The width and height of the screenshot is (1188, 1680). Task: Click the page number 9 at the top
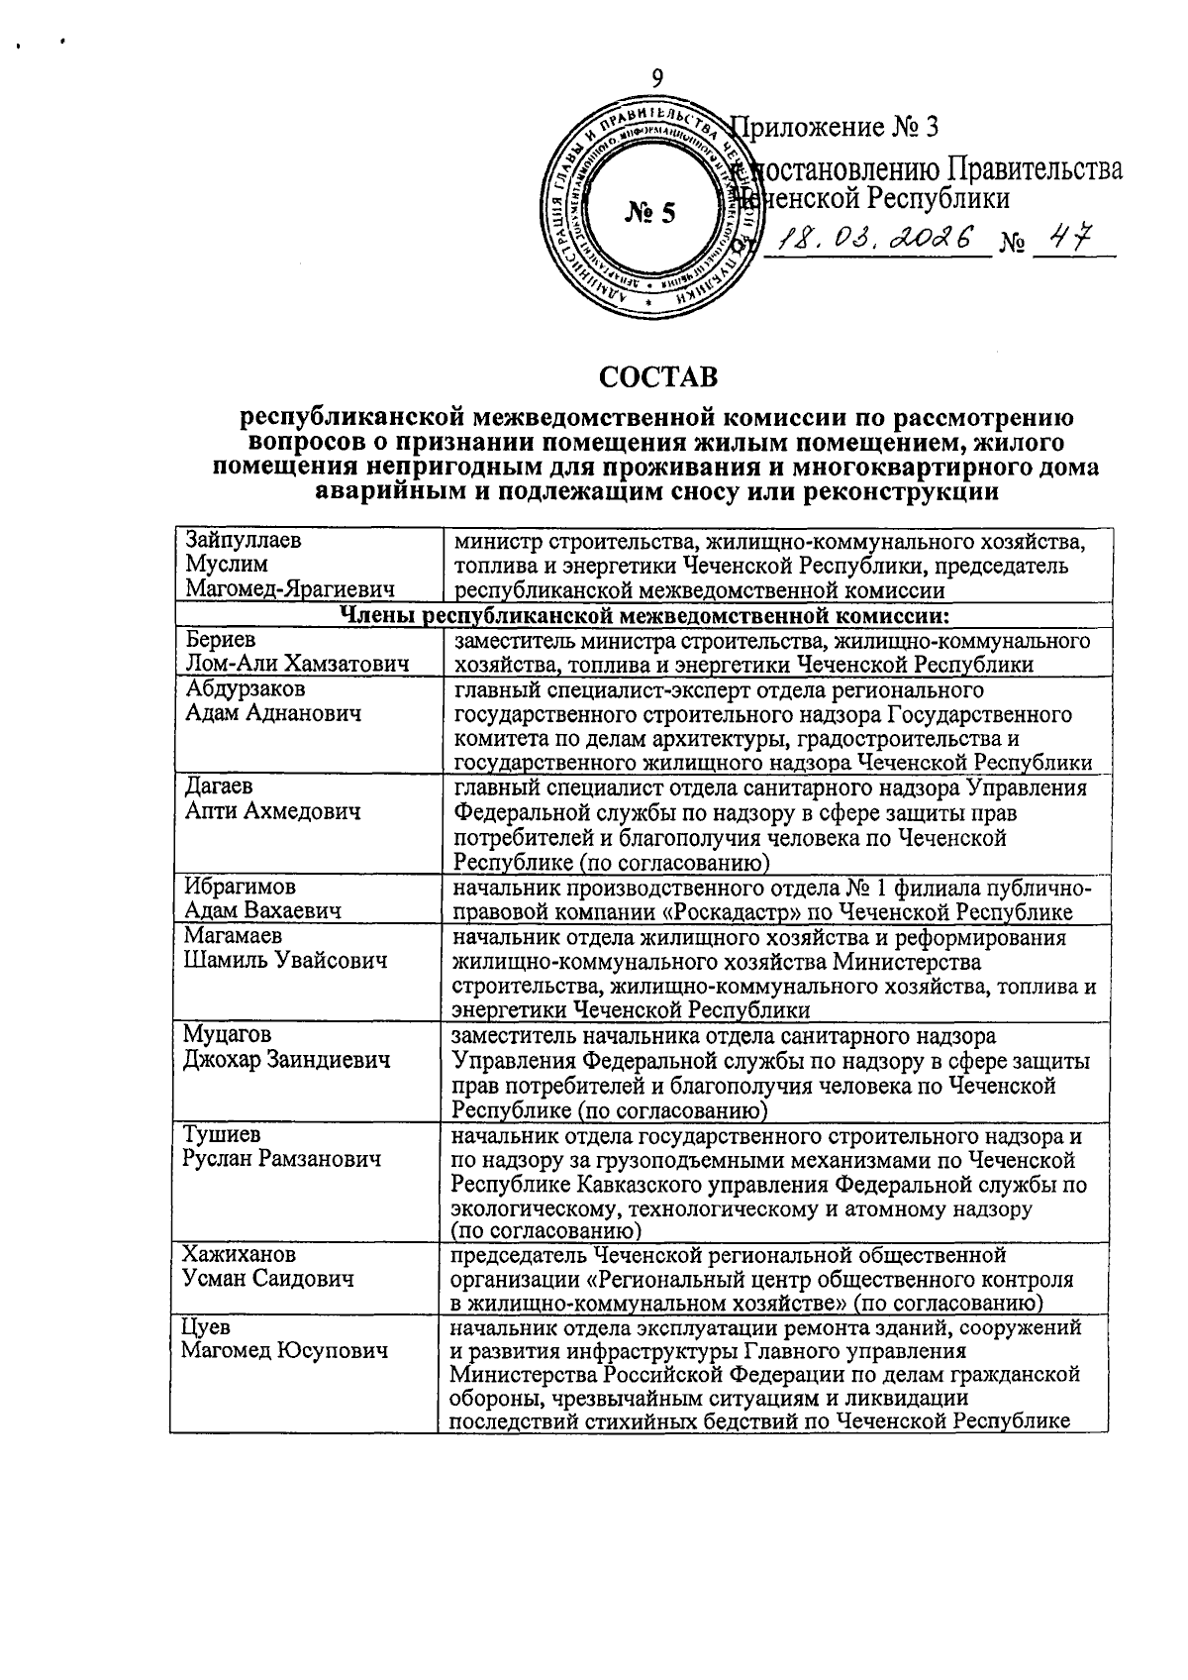(657, 78)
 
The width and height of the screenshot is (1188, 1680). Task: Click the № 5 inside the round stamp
(650, 212)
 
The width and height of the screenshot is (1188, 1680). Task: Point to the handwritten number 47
(1069, 239)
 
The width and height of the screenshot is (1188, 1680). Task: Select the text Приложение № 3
(833, 128)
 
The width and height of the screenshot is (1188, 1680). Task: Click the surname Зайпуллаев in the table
(244, 541)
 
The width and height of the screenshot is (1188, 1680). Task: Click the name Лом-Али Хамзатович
(297, 666)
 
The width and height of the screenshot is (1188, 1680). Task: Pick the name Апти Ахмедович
(273, 811)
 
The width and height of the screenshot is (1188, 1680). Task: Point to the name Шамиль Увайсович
(285, 960)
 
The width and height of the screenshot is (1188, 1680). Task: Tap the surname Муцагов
(227, 1035)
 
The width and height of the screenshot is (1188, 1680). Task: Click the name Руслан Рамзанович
(282, 1158)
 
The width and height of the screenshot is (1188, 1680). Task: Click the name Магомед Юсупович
(285, 1350)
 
